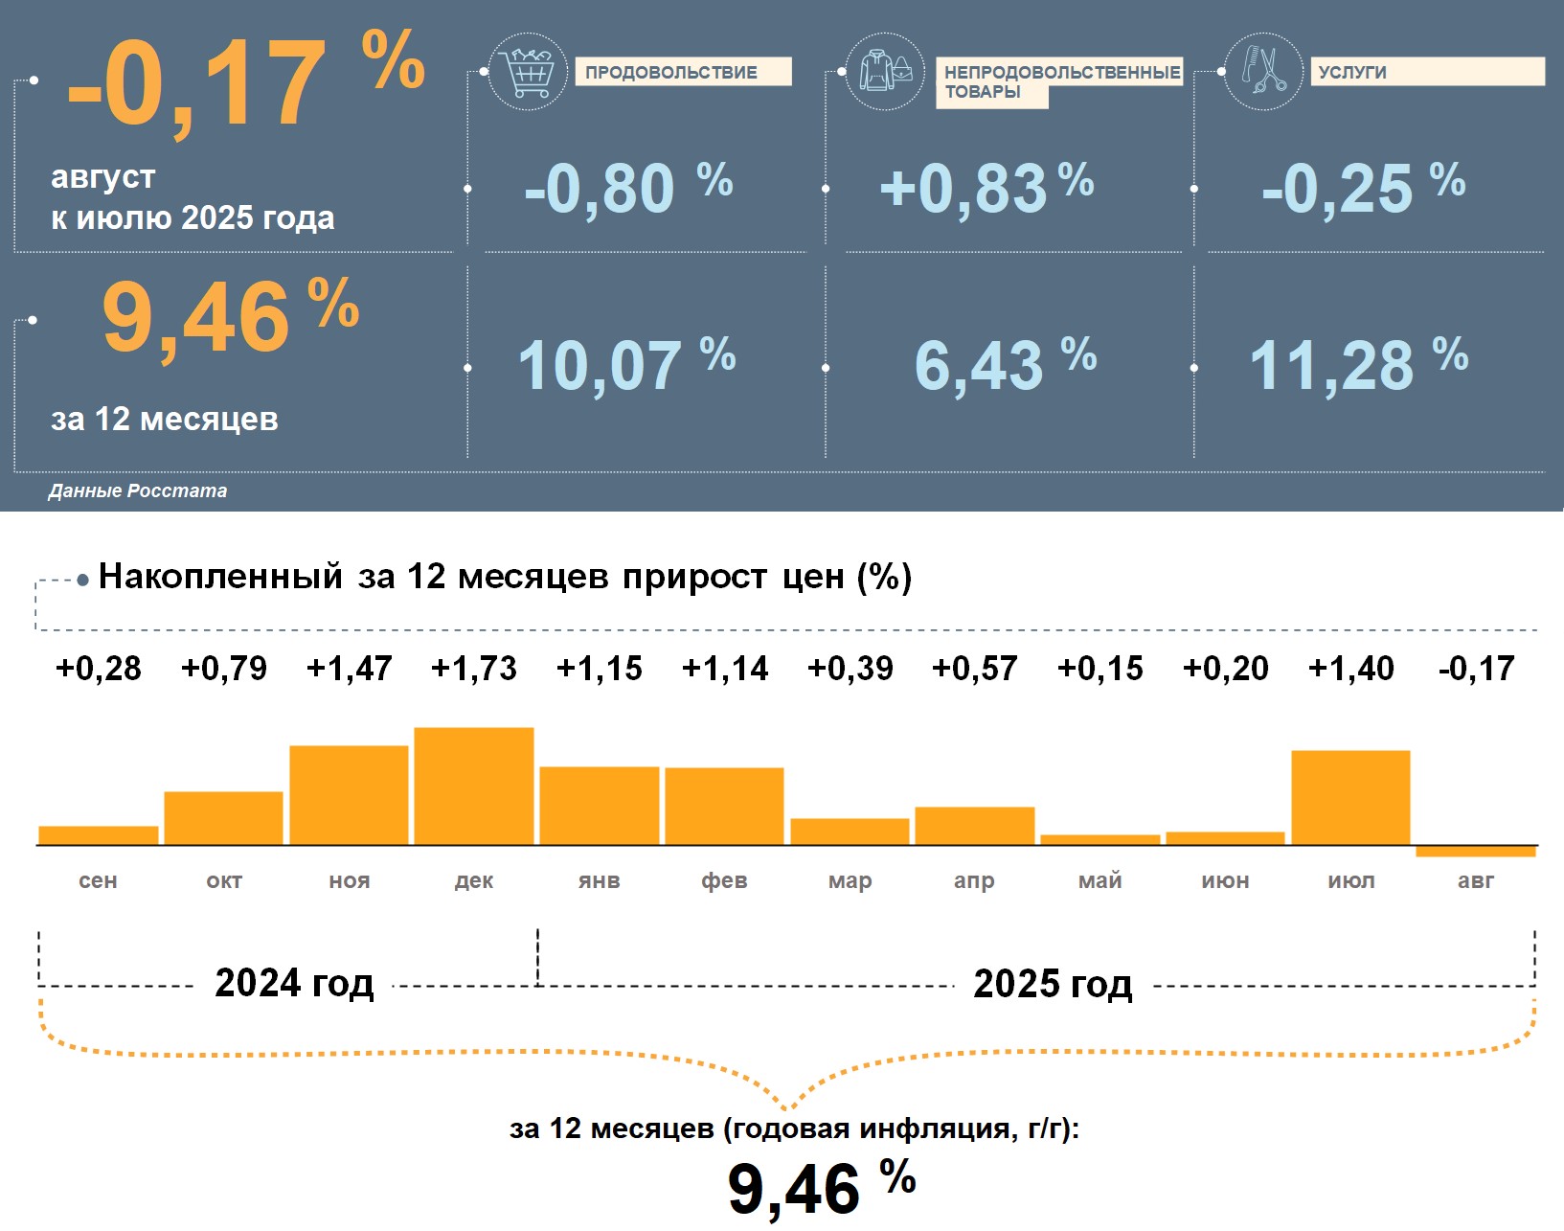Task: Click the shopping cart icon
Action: [x=528, y=71]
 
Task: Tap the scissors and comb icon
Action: [x=1264, y=71]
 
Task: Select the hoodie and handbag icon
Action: [x=886, y=71]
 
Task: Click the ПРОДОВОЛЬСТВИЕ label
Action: [x=671, y=72]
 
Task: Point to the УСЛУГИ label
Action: [x=1352, y=72]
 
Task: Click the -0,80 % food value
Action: [x=627, y=188]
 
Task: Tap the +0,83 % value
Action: [x=986, y=188]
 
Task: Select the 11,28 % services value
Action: [x=1358, y=364]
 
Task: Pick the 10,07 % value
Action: [x=626, y=365]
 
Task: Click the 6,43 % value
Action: [x=1005, y=365]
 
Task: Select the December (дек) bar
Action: [x=474, y=786]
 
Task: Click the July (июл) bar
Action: [x=1350, y=797]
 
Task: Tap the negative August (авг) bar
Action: [x=1476, y=851]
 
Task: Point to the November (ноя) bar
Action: [x=349, y=795]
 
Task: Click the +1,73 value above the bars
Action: [x=474, y=668]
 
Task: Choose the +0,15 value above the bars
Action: [x=1099, y=668]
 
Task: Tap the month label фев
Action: [x=724, y=880]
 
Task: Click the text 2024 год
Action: [x=294, y=983]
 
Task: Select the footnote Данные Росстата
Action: [x=138, y=490]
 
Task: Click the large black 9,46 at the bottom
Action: [x=794, y=1189]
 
